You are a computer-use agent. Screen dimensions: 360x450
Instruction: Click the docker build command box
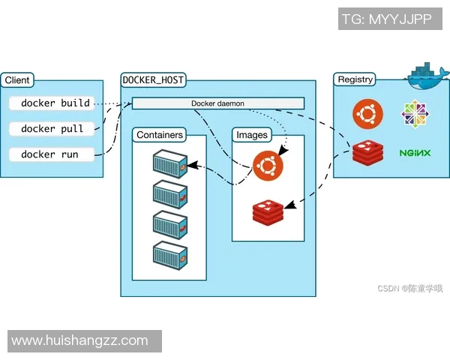pos(55,103)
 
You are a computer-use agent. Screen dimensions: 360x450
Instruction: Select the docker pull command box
pos(52,129)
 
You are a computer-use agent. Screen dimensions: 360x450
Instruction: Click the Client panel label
pos(17,79)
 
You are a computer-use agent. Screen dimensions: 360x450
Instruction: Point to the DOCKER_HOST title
pos(153,79)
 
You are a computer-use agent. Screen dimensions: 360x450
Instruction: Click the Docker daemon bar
pos(217,103)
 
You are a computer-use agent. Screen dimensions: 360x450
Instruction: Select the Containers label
pos(160,135)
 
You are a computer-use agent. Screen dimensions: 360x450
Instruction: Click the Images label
pos(252,135)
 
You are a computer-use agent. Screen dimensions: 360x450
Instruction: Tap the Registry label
pos(355,79)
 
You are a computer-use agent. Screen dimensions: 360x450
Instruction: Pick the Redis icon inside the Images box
pos(268,212)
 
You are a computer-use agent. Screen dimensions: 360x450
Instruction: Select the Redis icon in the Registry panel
pos(367,154)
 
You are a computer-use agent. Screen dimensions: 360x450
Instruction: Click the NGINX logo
pos(415,153)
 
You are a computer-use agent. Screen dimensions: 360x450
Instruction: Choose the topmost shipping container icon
pos(169,163)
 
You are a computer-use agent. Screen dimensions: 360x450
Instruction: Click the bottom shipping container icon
pos(169,254)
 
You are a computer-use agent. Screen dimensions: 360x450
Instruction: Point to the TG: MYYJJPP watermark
pos(387,19)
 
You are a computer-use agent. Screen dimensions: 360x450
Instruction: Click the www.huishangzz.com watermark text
pos(79,340)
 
